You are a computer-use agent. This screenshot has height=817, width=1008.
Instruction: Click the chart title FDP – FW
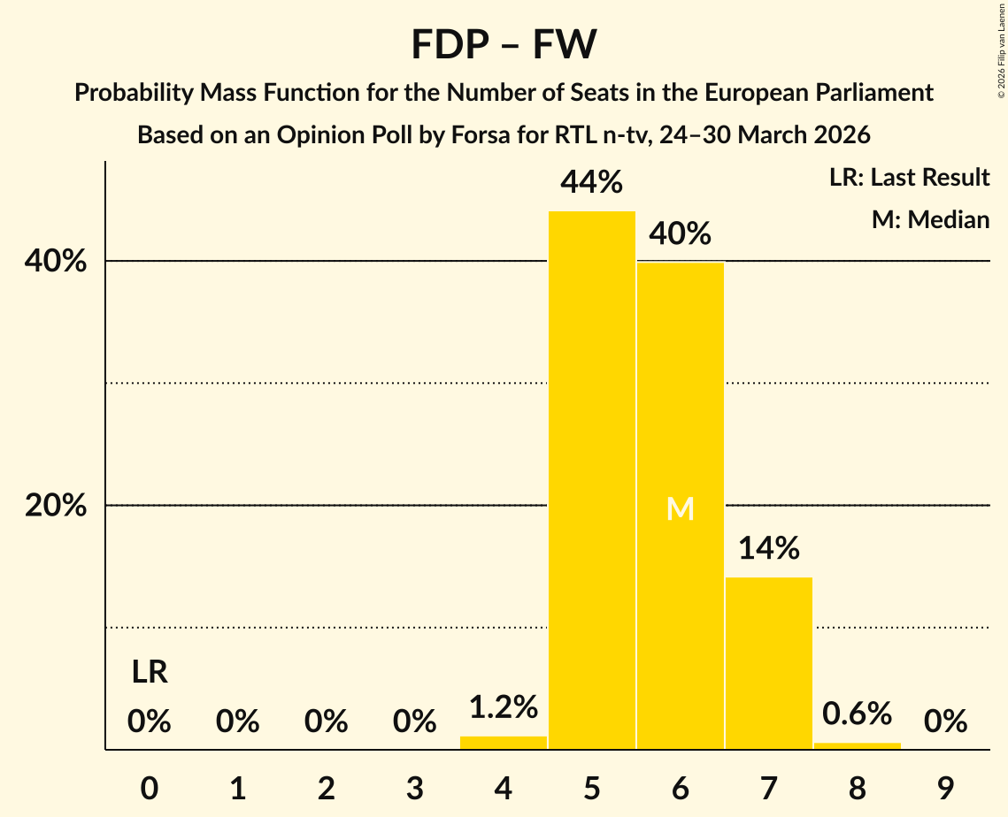pyautogui.click(x=504, y=44)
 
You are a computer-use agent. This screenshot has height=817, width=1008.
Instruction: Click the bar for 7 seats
pyautogui.click(x=768, y=663)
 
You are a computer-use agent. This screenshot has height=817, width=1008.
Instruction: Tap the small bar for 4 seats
pyautogui.click(x=504, y=743)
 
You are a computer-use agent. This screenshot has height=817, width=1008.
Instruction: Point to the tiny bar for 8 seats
pyautogui.click(x=857, y=745)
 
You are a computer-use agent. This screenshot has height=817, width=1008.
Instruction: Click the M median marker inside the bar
pyautogui.click(x=680, y=508)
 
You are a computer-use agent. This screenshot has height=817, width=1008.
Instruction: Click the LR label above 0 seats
pyautogui.click(x=150, y=673)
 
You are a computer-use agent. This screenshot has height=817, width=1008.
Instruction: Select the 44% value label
pyautogui.click(x=592, y=182)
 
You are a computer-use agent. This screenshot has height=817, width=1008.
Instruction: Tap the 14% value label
pyautogui.click(x=768, y=549)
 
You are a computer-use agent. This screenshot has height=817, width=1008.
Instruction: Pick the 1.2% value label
pyautogui.click(x=504, y=707)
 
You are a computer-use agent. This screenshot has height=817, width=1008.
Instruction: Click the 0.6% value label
pyautogui.click(x=857, y=713)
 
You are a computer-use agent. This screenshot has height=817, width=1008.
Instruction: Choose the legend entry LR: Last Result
pyautogui.click(x=909, y=178)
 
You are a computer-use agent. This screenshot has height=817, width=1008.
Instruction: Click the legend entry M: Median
pyautogui.click(x=930, y=219)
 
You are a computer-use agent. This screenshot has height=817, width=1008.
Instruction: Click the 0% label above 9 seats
pyautogui.click(x=945, y=722)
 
